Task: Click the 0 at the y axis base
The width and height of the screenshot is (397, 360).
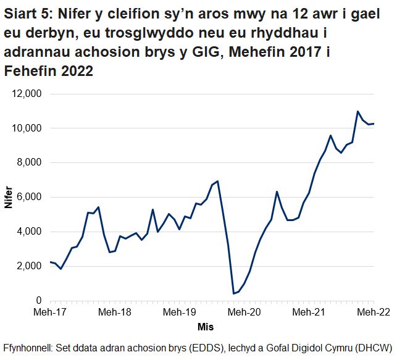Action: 38,301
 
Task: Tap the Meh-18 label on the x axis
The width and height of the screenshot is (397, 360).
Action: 115,313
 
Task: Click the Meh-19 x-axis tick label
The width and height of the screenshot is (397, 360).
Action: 180,313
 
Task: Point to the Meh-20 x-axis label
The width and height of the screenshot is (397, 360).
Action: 244,313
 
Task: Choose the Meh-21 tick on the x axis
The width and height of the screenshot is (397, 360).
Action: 308,313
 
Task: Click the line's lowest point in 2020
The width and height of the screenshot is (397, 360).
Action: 233,294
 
